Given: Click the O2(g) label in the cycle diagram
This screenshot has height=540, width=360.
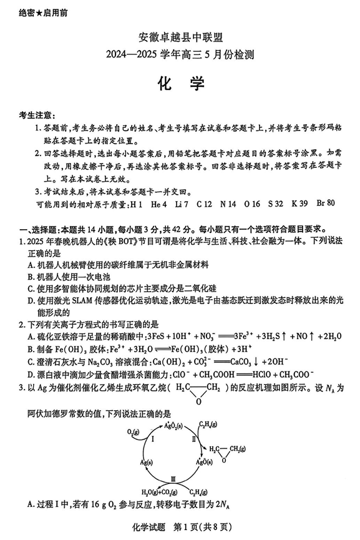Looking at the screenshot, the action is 133,432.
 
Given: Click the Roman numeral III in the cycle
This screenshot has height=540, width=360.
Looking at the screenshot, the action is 173,479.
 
